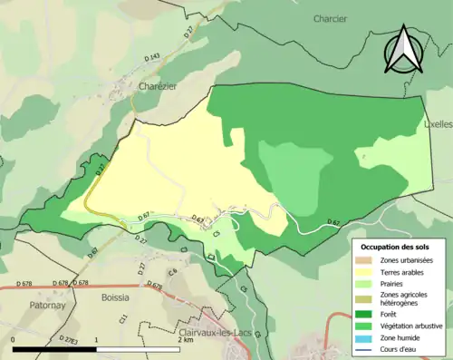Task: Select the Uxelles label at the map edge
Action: pos(439,125)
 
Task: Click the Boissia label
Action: pos(116,297)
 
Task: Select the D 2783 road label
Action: pos(67,339)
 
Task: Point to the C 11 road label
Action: pos(123,318)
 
